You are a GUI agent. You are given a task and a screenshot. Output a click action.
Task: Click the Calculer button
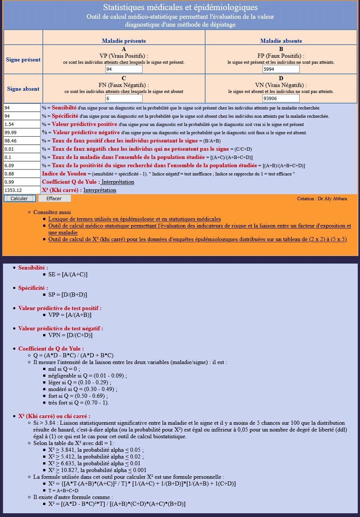(x=19, y=198)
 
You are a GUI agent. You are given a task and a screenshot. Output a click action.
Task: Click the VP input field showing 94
(x=124, y=69)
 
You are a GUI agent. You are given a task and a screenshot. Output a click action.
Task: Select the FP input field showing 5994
(x=281, y=69)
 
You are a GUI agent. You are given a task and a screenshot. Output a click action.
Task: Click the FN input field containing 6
(x=124, y=99)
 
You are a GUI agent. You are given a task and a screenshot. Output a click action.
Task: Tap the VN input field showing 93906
(x=281, y=99)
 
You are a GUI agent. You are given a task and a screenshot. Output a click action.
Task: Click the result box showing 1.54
(x=22, y=124)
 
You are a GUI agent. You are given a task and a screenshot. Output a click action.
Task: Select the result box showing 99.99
(x=22, y=132)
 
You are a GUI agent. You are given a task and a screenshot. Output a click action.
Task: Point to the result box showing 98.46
(x=22, y=141)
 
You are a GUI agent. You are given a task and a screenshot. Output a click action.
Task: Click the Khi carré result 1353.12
(x=22, y=190)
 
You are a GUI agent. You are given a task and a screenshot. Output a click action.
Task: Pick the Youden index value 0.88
(x=22, y=174)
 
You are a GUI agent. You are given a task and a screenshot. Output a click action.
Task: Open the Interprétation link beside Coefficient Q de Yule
(x=118, y=182)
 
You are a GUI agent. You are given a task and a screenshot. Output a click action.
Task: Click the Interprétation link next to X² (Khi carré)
(x=100, y=190)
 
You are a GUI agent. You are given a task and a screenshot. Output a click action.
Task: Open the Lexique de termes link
(x=134, y=219)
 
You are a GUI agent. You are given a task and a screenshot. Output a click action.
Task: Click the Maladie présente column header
(x=124, y=41)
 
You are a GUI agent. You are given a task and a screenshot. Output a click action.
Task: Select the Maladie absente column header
(x=281, y=41)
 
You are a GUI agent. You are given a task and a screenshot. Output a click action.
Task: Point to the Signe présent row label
(x=23, y=60)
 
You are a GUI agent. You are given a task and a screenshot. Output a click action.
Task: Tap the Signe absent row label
(x=23, y=89)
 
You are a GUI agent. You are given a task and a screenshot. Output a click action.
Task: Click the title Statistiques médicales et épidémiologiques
(x=180, y=7)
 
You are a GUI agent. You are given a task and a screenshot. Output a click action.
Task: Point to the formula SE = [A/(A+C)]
(x=68, y=274)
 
